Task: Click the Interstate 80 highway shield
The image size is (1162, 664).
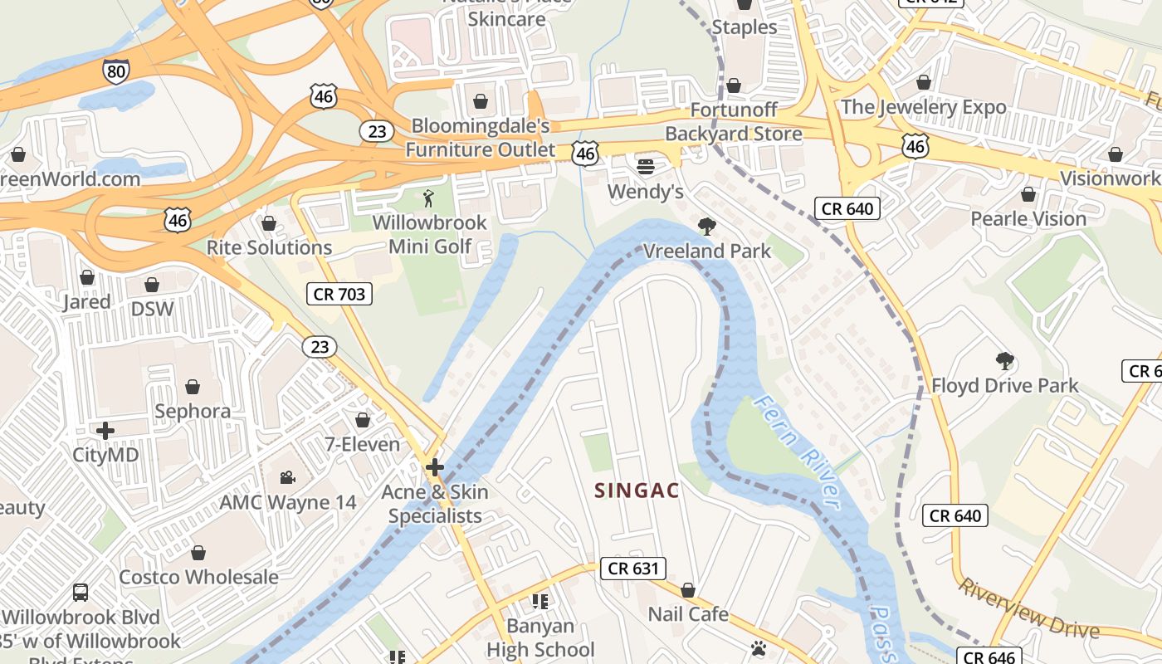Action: pyautogui.click(x=116, y=71)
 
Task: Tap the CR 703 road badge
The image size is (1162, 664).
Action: pyautogui.click(x=339, y=293)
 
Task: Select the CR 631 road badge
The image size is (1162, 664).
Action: pyautogui.click(x=632, y=569)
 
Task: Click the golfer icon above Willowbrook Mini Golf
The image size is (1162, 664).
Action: pyautogui.click(x=428, y=198)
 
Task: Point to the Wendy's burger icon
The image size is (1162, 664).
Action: pyautogui.click(x=646, y=167)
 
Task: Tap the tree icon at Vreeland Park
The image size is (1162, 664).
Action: pyautogui.click(x=707, y=226)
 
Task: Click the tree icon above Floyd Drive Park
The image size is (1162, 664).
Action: pyautogui.click(x=1004, y=361)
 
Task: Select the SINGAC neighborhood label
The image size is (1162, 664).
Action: pyautogui.click(x=637, y=491)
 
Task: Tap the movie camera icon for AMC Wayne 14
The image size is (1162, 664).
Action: pyautogui.click(x=287, y=477)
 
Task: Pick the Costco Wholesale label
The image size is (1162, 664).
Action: pyautogui.click(x=198, y=577)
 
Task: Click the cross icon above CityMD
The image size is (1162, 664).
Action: pyautogui.click(x=105, y=431)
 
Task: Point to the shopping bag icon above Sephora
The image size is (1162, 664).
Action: pyautogui.click(x=193, y=387)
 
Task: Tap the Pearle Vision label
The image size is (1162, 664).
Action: pyautogui.click(x=1028, y=219)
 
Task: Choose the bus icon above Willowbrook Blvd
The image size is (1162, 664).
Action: pyautogui.click(x=81, y=593)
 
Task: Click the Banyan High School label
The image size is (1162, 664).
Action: pyautogui.click(x=540, y=637)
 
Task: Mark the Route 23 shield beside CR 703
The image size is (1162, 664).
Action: pyautogui.click(x=320, y=347)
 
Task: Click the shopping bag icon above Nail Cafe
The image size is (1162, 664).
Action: pyautogui.click(x=688, y=590)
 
